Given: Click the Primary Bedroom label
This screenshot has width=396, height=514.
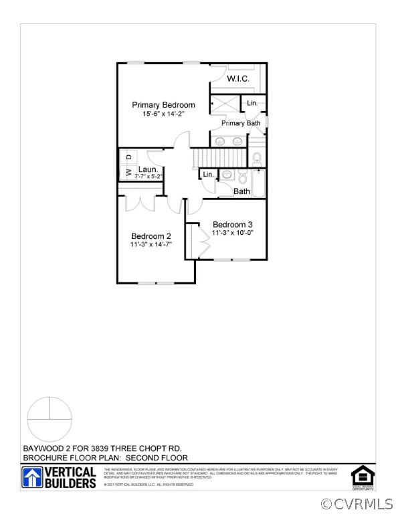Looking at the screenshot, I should point(163,105).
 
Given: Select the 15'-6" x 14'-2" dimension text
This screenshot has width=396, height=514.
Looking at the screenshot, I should point(163,114).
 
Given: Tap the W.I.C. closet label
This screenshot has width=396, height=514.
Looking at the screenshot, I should point(238,79).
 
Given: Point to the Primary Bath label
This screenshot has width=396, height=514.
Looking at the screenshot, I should point(241,123).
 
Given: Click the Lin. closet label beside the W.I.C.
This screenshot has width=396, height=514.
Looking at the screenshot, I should point(252,103).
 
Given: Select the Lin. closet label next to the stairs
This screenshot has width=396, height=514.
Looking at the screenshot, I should point(208,175).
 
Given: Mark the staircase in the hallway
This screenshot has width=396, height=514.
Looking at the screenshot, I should point(216,157).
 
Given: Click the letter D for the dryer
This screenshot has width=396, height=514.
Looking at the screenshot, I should point(128,157).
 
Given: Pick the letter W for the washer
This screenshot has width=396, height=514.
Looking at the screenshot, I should point(128,173).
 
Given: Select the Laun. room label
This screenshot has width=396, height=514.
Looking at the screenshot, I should point(148,170).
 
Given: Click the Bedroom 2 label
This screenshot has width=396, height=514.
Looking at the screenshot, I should point(151,236).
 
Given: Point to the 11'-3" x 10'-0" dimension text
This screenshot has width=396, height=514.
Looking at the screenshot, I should point(232,233).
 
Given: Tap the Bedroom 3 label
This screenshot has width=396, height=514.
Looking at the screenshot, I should point(232,224).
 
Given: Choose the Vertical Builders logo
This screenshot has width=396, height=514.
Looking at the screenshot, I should point(60,477).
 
